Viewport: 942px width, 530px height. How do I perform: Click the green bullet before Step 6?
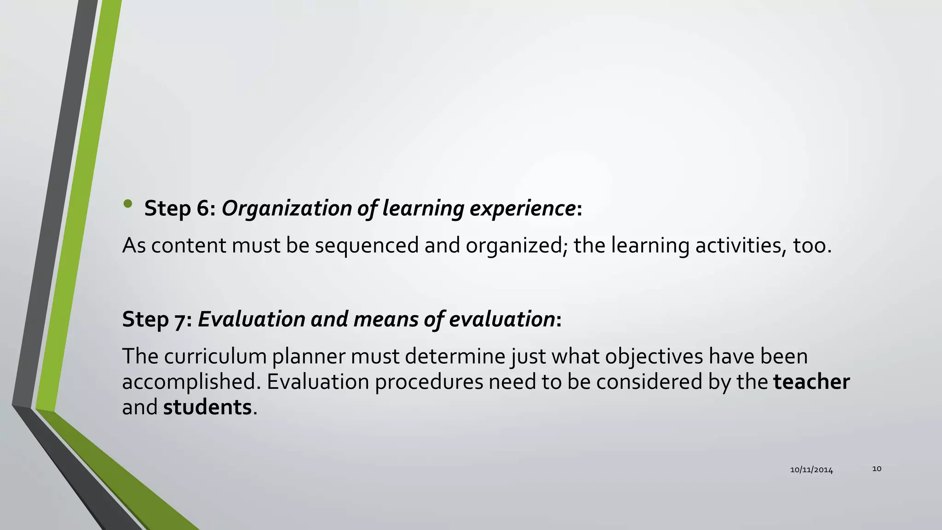[128, 203]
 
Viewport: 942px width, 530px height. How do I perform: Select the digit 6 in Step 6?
[203, 208]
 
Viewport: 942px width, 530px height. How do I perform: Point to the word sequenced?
[367, 245]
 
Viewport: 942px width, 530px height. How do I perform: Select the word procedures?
[429, 382]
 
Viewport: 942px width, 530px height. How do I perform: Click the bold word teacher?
[811, 382]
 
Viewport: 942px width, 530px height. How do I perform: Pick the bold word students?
[207, 408]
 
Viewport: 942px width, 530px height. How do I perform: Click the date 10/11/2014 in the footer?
[811, 470]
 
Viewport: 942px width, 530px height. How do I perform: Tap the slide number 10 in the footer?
[877, 469]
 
